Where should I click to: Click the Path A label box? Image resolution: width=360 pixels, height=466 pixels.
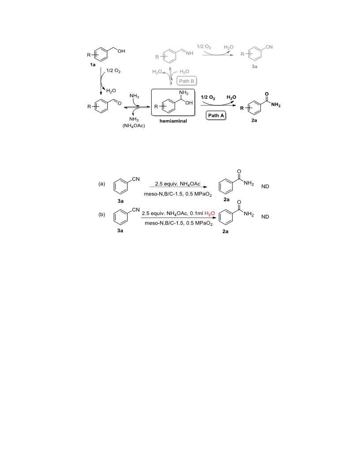[x=216, y=116]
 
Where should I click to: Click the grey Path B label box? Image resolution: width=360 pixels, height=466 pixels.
[x=187, y=81]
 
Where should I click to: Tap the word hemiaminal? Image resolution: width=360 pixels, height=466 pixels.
[x=173, y=121]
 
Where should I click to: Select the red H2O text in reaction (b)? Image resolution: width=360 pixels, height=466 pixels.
[x=210, y=214]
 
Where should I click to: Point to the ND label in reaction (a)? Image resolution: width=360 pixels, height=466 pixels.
[x=265, y=187]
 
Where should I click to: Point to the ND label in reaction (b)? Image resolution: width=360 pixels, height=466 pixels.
[x=265, y=217]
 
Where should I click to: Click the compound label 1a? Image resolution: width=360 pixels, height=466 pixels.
[x=93, y=64]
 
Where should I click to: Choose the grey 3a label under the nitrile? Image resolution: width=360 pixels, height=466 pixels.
[x=255, y=67]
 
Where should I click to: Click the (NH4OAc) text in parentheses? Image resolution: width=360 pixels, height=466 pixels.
[x=134, y=126]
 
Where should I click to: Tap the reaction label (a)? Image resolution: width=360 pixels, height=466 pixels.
[x=101, y=184]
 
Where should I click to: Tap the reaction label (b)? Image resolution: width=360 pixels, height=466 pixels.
[x=101, y=214]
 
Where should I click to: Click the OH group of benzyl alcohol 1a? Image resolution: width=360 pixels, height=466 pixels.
[x=121, y=51]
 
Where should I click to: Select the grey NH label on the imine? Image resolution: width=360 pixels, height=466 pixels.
[x=190, y=53]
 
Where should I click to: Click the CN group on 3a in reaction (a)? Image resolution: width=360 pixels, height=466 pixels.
[x=136, y=179]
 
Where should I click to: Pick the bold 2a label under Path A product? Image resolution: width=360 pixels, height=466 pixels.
[x=254, y=120]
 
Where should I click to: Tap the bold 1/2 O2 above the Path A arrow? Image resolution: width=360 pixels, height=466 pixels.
[x=208, y=98]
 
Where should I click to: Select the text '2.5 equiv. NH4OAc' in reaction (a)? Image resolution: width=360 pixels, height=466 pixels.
[x=178, y=184]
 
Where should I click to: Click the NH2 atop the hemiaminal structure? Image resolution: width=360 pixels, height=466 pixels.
[x=184, y=93]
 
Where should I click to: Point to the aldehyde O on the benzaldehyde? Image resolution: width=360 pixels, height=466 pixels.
[x=120, y=103]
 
